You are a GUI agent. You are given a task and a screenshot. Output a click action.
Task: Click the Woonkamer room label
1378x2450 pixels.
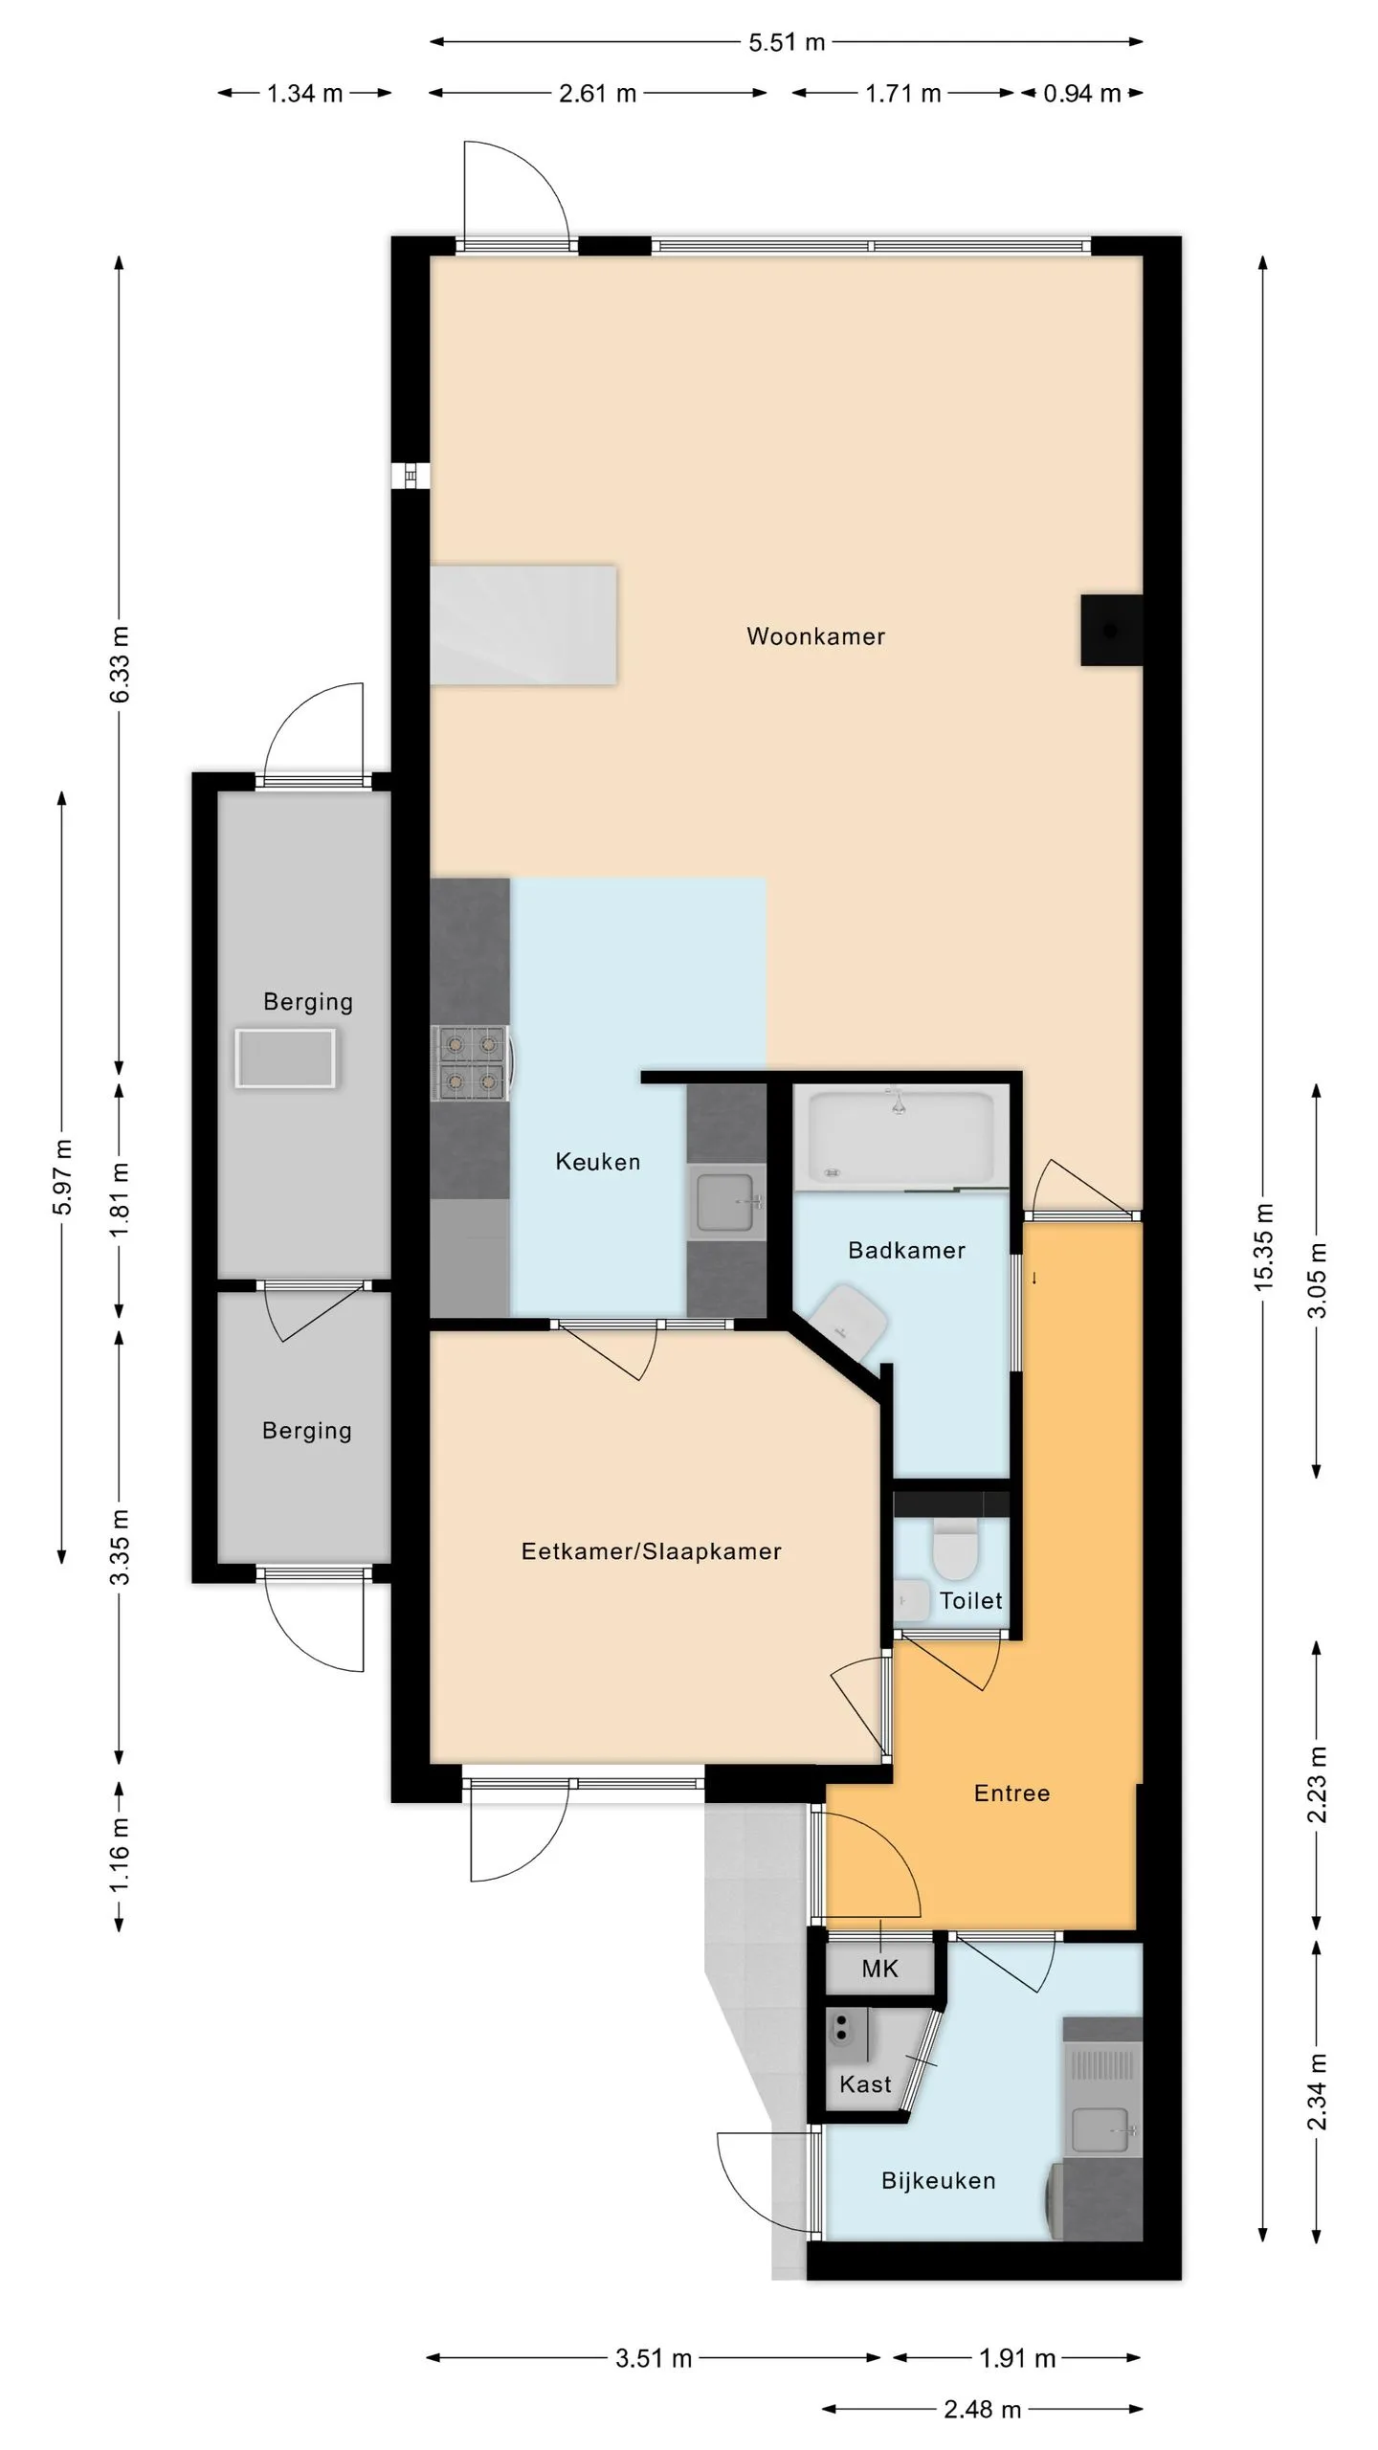tap(815, 636)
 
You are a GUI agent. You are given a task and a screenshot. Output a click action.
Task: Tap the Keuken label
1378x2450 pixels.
tap(598, 1162)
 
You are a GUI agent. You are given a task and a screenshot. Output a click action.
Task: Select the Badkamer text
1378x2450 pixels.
tap(906, 1250)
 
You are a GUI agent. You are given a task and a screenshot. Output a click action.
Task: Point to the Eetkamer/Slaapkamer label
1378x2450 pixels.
tap(651, 1551)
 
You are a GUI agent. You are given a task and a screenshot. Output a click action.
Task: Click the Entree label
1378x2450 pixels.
tap(1011, 1793)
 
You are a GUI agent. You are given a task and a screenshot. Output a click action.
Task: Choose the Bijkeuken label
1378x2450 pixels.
tap(938, 2180)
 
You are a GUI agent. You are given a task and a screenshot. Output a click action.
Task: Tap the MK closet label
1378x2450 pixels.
tap(879, 1969)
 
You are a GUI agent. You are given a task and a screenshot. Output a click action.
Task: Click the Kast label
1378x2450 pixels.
tap(865, 2083)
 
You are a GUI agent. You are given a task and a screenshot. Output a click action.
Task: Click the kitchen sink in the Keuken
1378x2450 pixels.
tap(726, 1202)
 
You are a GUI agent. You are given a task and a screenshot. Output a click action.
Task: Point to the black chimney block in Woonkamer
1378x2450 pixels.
tap(1111, 631)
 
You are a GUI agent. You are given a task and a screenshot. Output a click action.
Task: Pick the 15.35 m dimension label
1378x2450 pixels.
tap(1263, 1247)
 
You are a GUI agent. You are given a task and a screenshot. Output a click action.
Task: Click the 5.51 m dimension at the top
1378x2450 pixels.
tap(787, 42)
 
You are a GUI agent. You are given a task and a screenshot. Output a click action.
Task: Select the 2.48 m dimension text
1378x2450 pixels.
tap(982, 2409)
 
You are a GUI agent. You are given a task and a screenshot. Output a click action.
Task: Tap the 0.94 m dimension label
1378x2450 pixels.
tap(1081, 94)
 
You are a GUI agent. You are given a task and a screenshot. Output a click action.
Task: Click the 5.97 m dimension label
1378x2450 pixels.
tap(62, 1177)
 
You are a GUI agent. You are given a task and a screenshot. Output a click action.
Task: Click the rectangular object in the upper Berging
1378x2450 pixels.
tap(285, 1058)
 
